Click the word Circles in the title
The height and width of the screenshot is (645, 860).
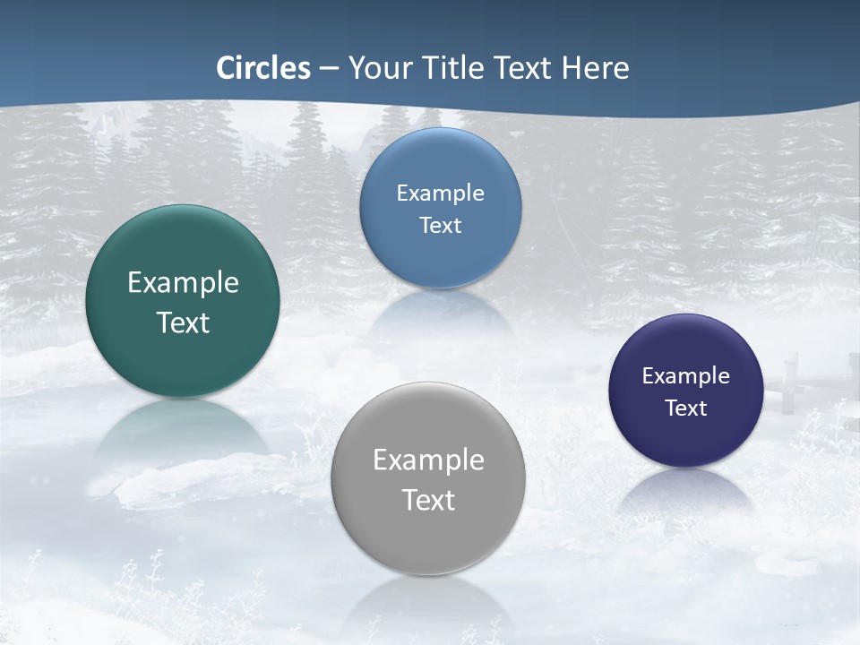263,68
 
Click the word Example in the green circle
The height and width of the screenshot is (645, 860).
183,283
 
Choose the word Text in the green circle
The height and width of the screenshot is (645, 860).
183,322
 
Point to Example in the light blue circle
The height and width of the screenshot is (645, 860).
441,193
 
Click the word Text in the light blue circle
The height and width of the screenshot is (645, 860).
441,226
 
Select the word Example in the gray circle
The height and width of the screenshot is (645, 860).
428,460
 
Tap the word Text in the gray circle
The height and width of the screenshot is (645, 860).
428,500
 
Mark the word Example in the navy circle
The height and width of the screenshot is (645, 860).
686,376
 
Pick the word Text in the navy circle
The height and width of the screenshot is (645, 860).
686,408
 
